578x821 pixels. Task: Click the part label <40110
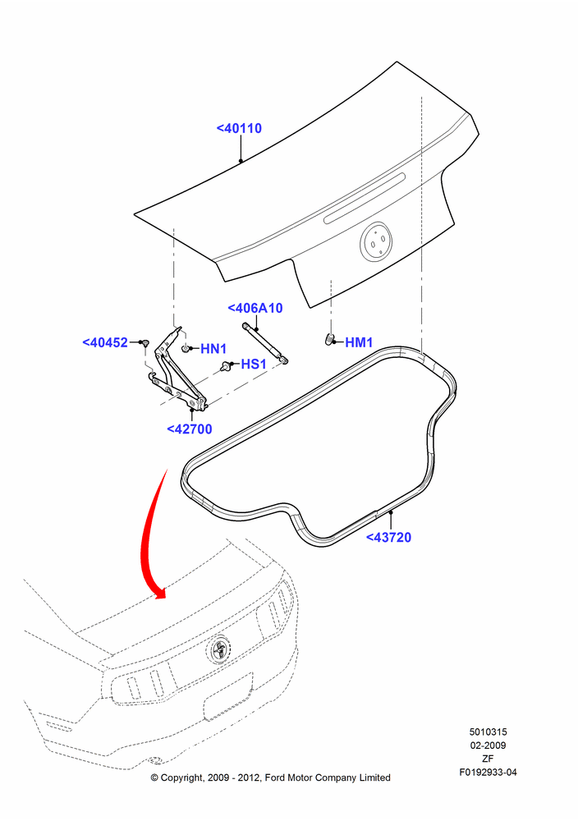[239, 128]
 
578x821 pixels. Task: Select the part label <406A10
[255, 308]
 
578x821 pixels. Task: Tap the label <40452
[105, 342]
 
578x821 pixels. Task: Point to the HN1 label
[213, 349]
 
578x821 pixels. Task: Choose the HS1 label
[254, 364]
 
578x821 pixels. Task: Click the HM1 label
[359, 342]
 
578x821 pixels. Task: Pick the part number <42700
[190, 429]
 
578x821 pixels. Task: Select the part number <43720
[388, 537]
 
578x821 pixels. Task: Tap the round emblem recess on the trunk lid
[376, 241]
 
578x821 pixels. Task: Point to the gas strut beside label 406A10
[265, 343]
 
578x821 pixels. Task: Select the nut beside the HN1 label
[186, 349]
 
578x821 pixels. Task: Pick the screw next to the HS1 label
[226, 366]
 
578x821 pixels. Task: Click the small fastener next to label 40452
[145, 343]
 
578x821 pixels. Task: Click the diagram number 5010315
[488, 732]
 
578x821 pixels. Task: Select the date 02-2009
[488, 745]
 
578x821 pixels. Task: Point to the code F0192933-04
[488, 772]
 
